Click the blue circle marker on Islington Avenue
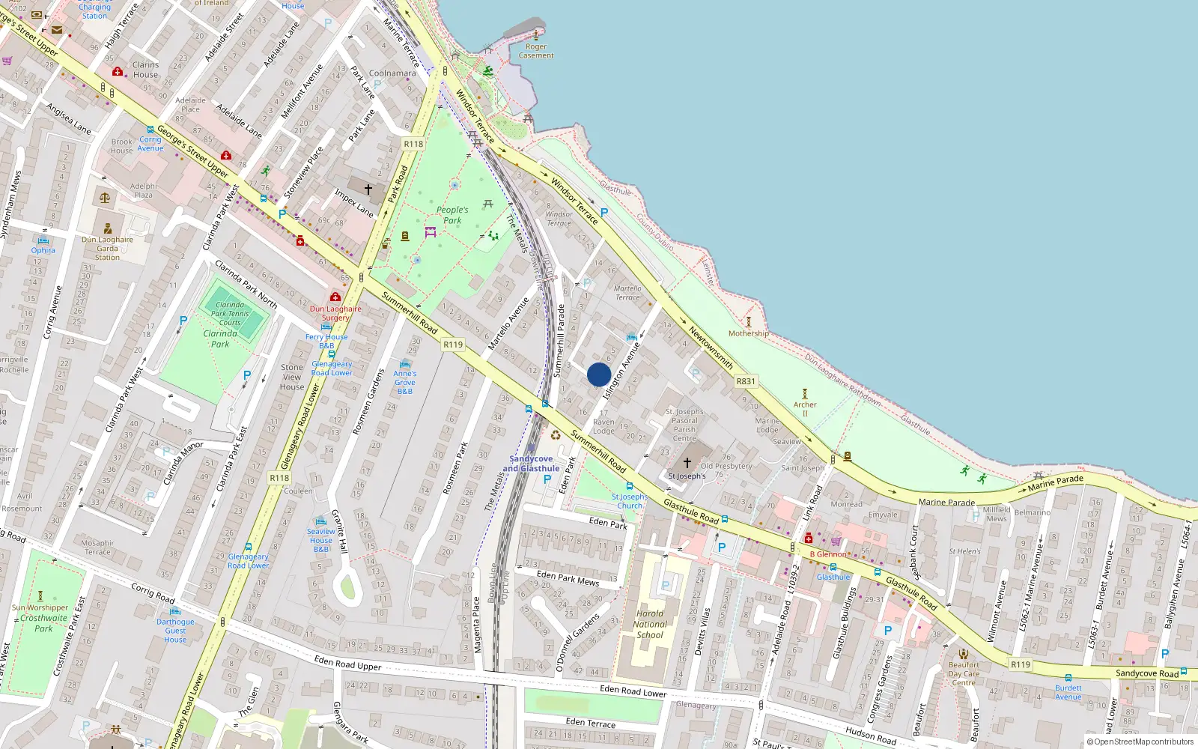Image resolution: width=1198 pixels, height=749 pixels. coord(599,374)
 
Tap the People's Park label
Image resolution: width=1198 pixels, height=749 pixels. coord(452,215)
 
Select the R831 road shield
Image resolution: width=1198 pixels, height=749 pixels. coord(746,381)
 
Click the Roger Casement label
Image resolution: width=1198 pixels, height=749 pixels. coord(536,51)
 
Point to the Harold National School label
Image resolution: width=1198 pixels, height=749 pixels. coord(650,624)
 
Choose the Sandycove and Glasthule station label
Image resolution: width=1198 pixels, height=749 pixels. coord(531,464)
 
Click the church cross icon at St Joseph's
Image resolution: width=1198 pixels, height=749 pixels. coord(687,463)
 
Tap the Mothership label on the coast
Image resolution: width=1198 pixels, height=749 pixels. coord(749,333)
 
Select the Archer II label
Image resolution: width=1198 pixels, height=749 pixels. coord(805,409)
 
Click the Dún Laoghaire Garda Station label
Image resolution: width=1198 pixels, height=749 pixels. coord(107,249)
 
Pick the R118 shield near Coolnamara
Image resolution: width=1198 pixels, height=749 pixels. coord(413,144)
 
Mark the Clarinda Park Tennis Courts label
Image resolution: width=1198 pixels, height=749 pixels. coord(230,314)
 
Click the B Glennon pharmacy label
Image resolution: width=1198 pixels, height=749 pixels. coord(828,554)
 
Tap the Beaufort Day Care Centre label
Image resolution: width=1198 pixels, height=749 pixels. coord(964,673)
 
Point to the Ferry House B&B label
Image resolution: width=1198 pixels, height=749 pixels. coord(326,342)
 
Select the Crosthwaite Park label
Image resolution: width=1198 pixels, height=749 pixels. coord(43,623)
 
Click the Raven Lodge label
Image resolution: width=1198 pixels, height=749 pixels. coord(603,426)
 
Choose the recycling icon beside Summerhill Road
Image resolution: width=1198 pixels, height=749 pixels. coord(556,435)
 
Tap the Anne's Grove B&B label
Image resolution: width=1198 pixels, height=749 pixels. coord(405,382)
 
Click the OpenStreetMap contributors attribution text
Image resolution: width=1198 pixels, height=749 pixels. coord(1140,742)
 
